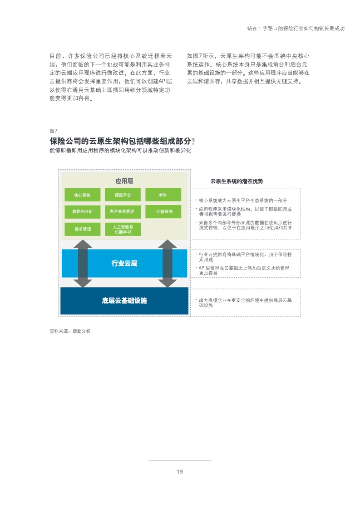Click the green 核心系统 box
(x=83, y=195)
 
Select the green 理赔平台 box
(x=123, y=195)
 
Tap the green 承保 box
(x=163, y=195)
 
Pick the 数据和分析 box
(x=83, y=212)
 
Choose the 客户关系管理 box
(x=123, y=212)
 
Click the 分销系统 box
(x=163, y=212)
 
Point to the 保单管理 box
(x=83, y=229)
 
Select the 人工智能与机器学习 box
(x=123, y=229)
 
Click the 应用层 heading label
(x=124, y=181)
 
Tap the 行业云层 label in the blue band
(x=124, y=263)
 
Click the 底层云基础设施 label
(x=124, y=301)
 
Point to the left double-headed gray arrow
(x=83, y=263)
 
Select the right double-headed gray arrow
(x=168, y=263)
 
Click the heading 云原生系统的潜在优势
(x=237, y=181)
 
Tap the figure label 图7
(x=54, y=131)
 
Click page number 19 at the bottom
(x=180, y=472)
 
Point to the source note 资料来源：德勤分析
(x=70, y=331)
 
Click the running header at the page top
(x=296, y=29)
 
